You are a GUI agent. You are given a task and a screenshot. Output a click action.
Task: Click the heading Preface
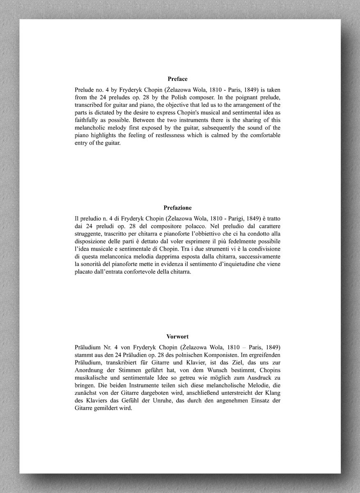[177, 79]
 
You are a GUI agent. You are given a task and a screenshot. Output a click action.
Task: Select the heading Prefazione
[177, 208]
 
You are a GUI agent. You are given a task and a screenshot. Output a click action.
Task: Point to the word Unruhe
[157, 400]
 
